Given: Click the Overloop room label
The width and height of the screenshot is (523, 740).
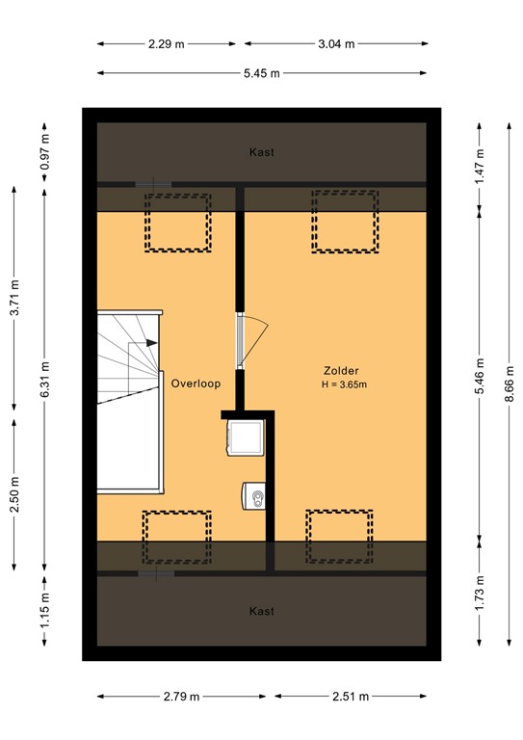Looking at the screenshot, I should [196, 383].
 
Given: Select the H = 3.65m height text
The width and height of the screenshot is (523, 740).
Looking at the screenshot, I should [345, 384].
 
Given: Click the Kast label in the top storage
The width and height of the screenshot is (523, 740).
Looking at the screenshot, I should [262, 152].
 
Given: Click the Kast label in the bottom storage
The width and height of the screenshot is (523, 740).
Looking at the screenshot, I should [262, 611].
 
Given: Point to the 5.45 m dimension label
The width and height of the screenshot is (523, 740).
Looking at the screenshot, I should [261, 73].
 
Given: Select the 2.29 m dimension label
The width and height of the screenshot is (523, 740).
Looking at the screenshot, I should [167, 43].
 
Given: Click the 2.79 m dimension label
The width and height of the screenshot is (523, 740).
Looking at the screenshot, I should [181, 697].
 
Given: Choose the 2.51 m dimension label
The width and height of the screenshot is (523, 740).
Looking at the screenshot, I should [349, 697].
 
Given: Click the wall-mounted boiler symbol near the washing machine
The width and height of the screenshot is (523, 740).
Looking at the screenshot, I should [255, 497].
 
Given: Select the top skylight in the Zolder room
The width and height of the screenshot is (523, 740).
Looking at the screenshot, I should [344, 222].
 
